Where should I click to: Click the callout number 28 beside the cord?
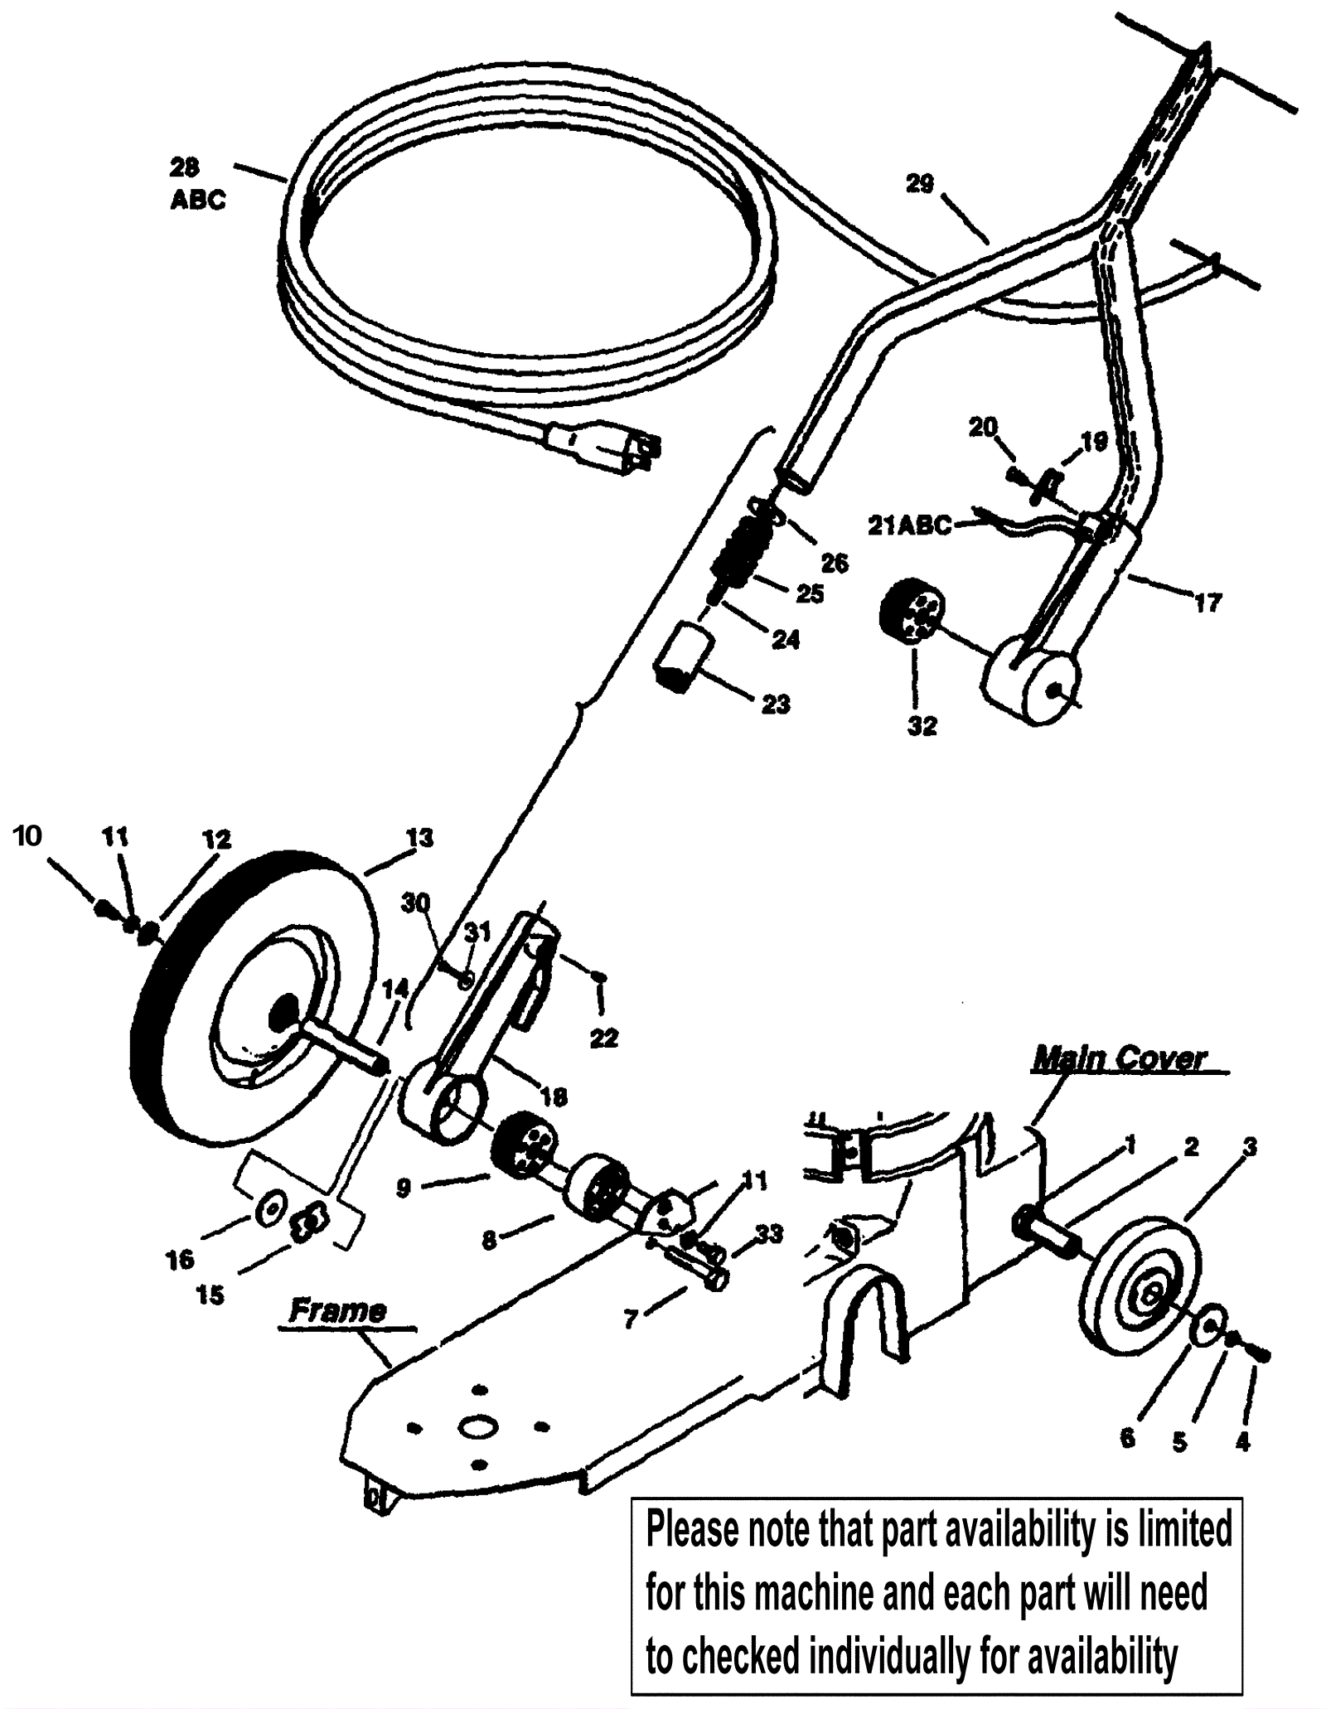click(x=184, y=168)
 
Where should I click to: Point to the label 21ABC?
click(x=909, y=525)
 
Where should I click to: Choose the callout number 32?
click(x=922, y=725)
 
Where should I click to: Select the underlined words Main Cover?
click(x=1120, y=1059)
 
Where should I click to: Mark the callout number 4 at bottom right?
click(x=1242, y=1443)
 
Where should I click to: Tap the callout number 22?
click(x=603, y=1038)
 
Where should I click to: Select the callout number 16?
click(x=180, y=1260)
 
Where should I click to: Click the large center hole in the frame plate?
click(x=478, y=1426)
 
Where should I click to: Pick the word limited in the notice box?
click(x=1183, y=1529)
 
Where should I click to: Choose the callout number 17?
click(x=1207, y=603)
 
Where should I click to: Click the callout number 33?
click(x=769, y=1235)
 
